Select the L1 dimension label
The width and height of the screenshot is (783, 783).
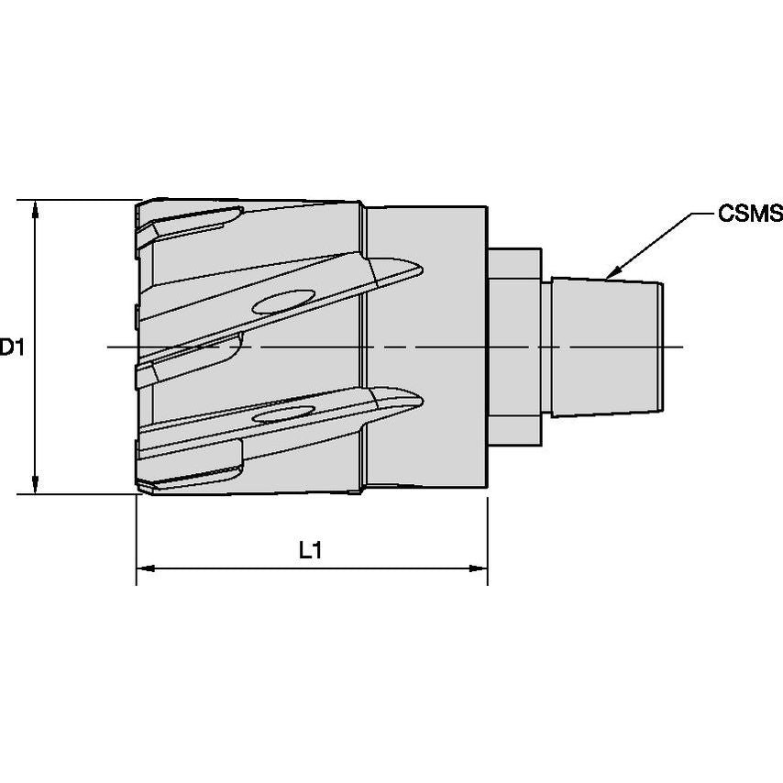tap(311, 550)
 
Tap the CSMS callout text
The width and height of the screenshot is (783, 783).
tap(749, 215)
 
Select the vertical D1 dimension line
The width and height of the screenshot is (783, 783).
tap(35, 275)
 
